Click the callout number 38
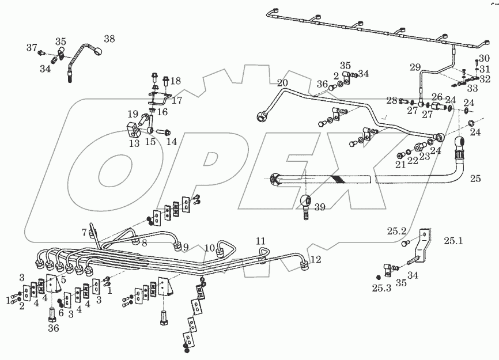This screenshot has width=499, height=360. (x=108, y=39)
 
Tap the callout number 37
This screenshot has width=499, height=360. (x=31, y=47)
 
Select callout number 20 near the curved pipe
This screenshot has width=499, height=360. (x=282, y=82)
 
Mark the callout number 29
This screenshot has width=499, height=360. (x=415, y=68)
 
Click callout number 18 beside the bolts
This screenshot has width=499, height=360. (x=175, y=81)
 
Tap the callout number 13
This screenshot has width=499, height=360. (x=134, y=143)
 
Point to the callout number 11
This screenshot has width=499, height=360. (x=260, y=240)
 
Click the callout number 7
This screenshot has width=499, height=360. (x=84, y=232)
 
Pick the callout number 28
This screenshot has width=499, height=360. (x=392, y=101)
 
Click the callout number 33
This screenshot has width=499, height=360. (x=472, y=89)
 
